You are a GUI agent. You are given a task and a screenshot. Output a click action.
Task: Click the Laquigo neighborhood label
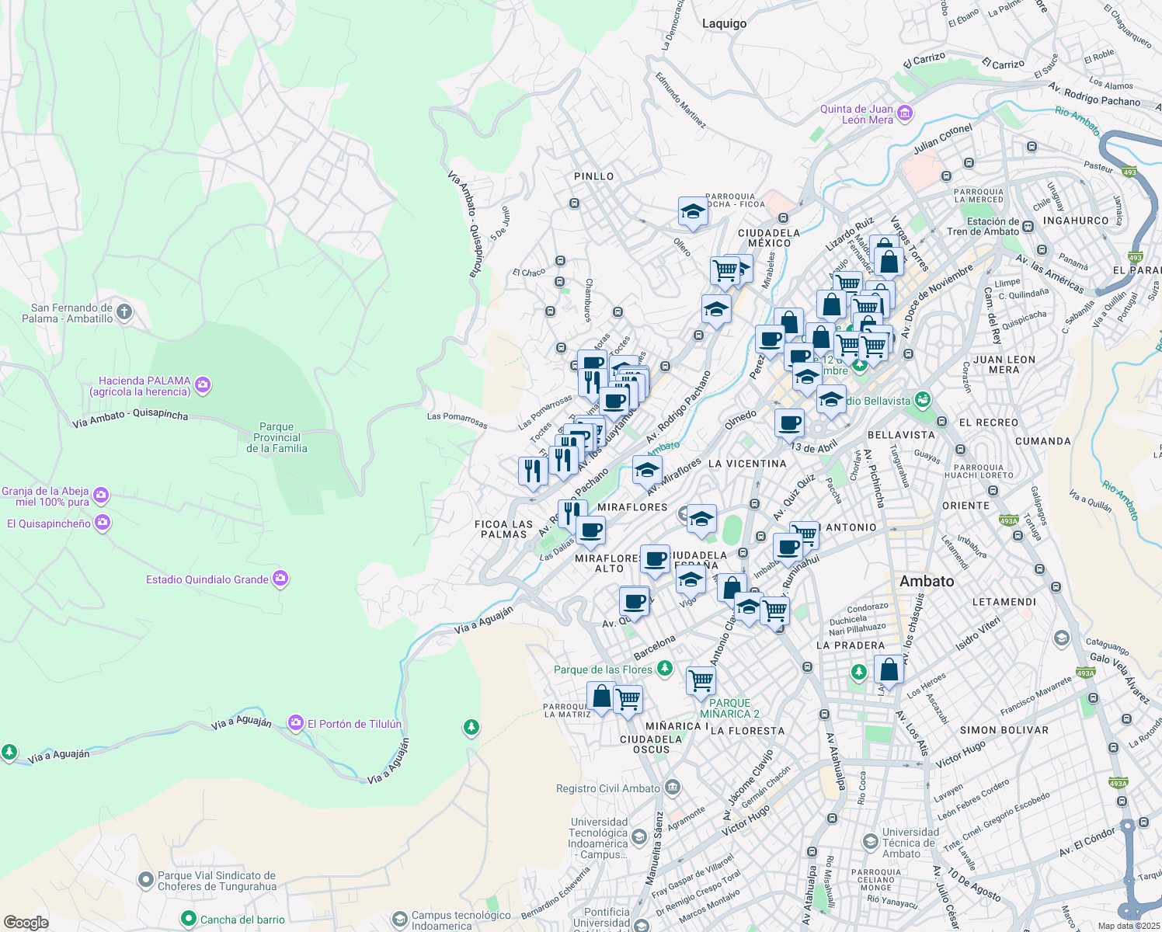[724, 23]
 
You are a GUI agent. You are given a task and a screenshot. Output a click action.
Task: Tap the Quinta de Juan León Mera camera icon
[904, 115]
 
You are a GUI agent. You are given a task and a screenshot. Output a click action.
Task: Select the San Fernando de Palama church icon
[124, 313]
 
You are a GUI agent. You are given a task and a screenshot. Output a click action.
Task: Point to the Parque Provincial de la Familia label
[277, 437]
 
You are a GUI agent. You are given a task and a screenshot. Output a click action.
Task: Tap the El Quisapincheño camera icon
[103, 523]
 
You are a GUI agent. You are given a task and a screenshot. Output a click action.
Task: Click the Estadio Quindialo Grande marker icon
[280, 579]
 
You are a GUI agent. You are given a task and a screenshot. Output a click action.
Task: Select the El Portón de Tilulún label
[354, 724]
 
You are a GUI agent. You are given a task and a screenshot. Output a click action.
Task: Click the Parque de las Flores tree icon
[664, 669]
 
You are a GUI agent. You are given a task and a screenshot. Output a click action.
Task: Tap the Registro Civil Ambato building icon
[672, 788]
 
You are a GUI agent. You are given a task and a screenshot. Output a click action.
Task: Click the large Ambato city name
[926, 581]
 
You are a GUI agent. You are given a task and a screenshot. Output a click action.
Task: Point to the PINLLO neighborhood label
[593, 176]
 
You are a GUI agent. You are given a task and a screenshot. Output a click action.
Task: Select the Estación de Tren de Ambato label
[983, 226]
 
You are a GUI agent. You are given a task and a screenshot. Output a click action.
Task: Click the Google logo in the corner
[26, 923]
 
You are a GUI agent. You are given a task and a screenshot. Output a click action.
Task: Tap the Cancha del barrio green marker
[188, 919]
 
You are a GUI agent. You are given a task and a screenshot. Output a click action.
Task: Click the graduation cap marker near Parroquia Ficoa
[692, 211]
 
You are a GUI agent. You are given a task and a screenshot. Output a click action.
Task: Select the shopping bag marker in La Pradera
[889, 669]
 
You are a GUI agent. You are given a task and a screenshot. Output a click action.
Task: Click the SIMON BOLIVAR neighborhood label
[1004, 730]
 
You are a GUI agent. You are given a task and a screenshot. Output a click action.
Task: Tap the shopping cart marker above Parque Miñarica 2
[701, 680]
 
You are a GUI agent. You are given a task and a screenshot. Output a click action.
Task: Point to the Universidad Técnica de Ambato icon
[870, 841]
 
